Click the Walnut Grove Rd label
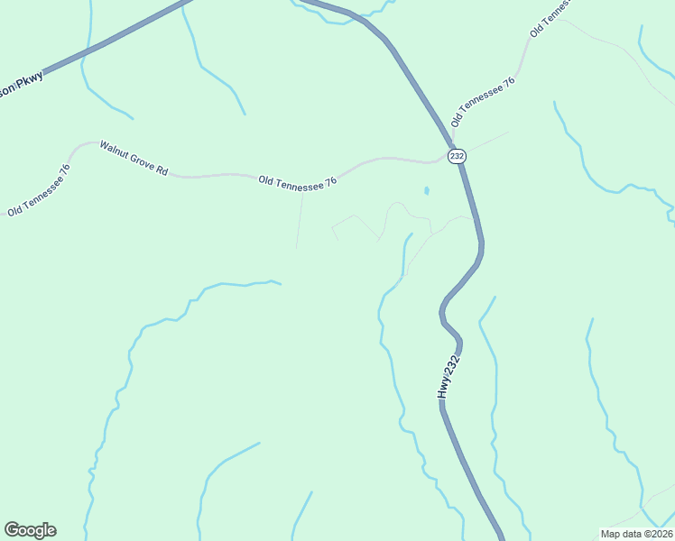[134, 158]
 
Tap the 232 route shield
[457, 155]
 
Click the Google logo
[30, 530]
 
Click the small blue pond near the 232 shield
[426, 191]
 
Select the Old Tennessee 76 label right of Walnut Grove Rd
[298, 181]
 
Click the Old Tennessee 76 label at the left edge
[39, 190]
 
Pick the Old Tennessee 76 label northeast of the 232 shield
[483, 100]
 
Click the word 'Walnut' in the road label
[115, 150]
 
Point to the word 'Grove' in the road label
[142, 160]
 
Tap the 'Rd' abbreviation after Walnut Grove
[162, 170]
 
